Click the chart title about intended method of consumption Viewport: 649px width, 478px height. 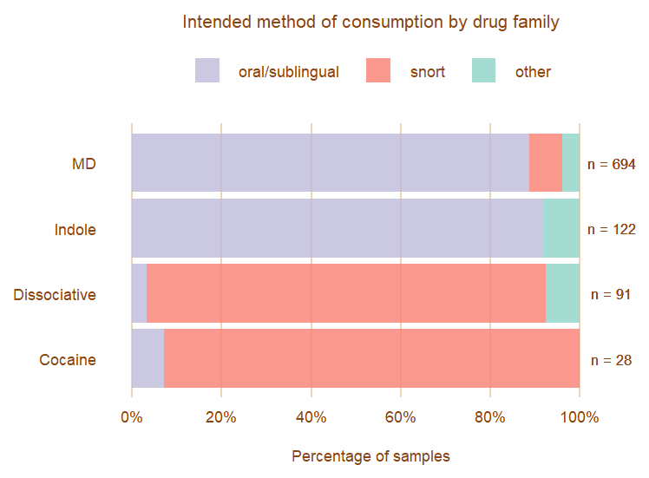click(370, 22)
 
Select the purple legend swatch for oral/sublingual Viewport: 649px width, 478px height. click(207, 71)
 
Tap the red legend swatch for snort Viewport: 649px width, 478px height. click(378, 71)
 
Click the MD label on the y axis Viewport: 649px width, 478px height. click(84, 164)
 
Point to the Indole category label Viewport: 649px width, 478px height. click(75, 230)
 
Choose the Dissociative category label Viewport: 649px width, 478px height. click(55, 295)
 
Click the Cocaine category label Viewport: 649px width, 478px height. click(68, 360)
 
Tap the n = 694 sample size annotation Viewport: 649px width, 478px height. click(612, 164)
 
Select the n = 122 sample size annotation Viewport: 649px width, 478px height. click(612, 230)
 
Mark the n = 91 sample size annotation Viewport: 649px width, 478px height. click(610, 295)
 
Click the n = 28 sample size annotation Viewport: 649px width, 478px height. click(610, 360)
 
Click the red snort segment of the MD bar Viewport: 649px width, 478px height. click(546, 162)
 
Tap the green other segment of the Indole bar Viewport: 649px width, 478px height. click(561, 228)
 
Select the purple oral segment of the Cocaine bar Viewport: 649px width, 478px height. click(147, 358)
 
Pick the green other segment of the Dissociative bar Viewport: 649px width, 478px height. click(562, 293)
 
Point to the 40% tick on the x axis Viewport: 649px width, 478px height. click(311, 417)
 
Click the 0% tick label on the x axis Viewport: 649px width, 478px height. click(132, 417)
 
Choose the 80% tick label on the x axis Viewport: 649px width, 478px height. click(490, 417)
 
